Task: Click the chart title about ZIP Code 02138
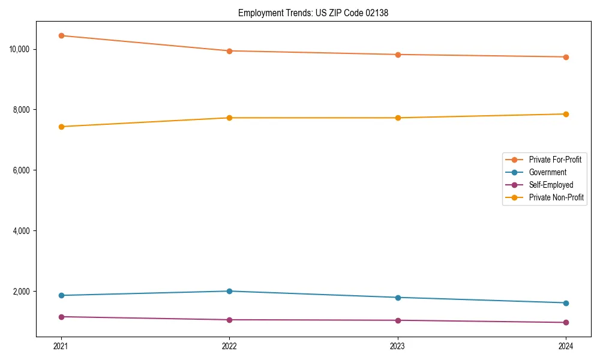[x=313, y=13]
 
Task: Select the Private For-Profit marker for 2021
[x=61, y=35]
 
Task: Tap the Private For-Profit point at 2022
[x=229, y=51]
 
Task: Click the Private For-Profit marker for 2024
[x=566, y=57]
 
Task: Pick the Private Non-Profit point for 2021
[x=61, y=127]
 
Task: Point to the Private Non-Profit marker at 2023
[x=398, y=118]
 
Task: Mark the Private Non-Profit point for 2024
[x=566, y=114]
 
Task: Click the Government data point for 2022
[x=229, y=291]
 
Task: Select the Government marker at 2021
[x=61, y=295]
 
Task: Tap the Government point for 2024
[x=566, y=303]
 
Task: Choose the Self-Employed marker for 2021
[x=61, y=316]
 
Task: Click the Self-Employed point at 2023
[x=398, y=320]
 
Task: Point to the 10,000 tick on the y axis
[x=20, y=49]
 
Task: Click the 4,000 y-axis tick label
[x=22, y=231]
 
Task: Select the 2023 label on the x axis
[x=398, y=346]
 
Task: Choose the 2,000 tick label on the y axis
[x=22, y=292]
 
